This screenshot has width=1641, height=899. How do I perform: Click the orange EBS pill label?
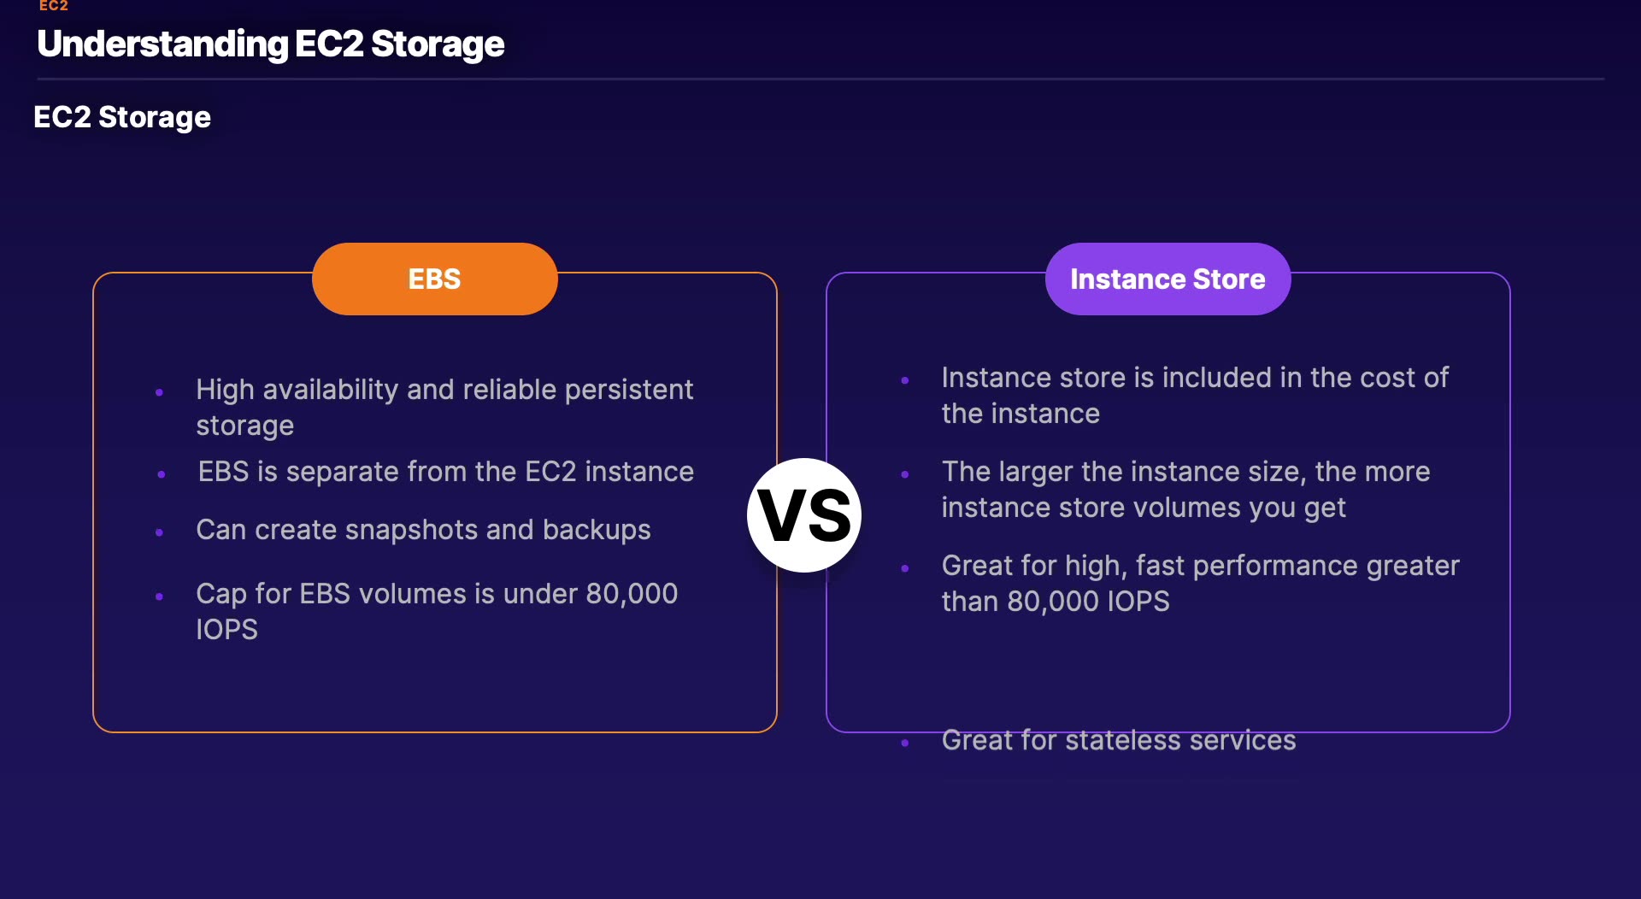[x=434, y=279]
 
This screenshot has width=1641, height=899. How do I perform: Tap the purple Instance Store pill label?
[x=1168, y=279]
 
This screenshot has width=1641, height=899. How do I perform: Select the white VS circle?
[x=804, y=515]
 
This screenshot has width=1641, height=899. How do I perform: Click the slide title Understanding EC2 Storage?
[x=271, y=44]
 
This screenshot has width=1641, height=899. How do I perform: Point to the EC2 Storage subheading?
[x=122, y=117]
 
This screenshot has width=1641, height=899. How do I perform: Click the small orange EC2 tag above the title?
[x=53, y=6]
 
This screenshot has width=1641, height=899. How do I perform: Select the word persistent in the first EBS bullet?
[x=629, y=390]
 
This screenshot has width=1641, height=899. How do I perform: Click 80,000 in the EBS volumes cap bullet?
[x=632, y=594]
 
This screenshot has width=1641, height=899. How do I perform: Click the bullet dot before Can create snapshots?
[x=159, y=532]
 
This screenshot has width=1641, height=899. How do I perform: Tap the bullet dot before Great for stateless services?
[x=905, y=743]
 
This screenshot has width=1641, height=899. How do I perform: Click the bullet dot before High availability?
[x=159, y=392]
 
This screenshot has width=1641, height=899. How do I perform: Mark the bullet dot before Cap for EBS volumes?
[x=159, y=596]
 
